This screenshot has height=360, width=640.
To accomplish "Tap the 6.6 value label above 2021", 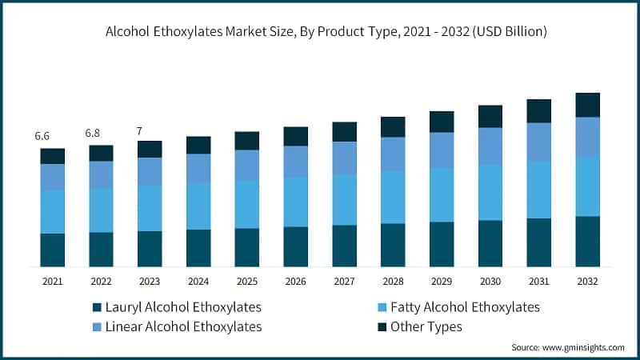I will (43, 136).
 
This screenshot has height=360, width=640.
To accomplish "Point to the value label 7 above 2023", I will (139, 130).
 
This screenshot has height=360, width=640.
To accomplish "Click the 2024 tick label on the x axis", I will (198, 282).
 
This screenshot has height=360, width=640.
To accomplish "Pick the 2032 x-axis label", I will (587, 282).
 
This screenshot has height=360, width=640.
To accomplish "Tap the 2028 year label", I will (393, 282).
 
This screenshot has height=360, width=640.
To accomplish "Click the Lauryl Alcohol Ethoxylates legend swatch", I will (98, 308).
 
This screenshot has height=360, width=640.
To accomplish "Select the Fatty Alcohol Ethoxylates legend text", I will (465, 307).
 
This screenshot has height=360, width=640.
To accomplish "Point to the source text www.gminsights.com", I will (567, 347).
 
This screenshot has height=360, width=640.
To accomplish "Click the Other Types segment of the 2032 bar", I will (587, 105).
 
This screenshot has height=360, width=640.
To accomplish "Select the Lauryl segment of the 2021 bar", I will (53, 250).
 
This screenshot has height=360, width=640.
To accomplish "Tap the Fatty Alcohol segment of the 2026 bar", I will (295, 202).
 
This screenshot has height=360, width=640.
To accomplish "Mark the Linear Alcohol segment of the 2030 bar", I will (490, 146).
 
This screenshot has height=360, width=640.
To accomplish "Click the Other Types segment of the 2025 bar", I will (246, 141).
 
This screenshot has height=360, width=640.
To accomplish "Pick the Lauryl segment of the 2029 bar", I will (442, 244).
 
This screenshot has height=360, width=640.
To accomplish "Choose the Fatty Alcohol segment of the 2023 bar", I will (150, 208).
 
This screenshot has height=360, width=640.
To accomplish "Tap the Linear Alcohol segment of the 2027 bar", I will (344, 158).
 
